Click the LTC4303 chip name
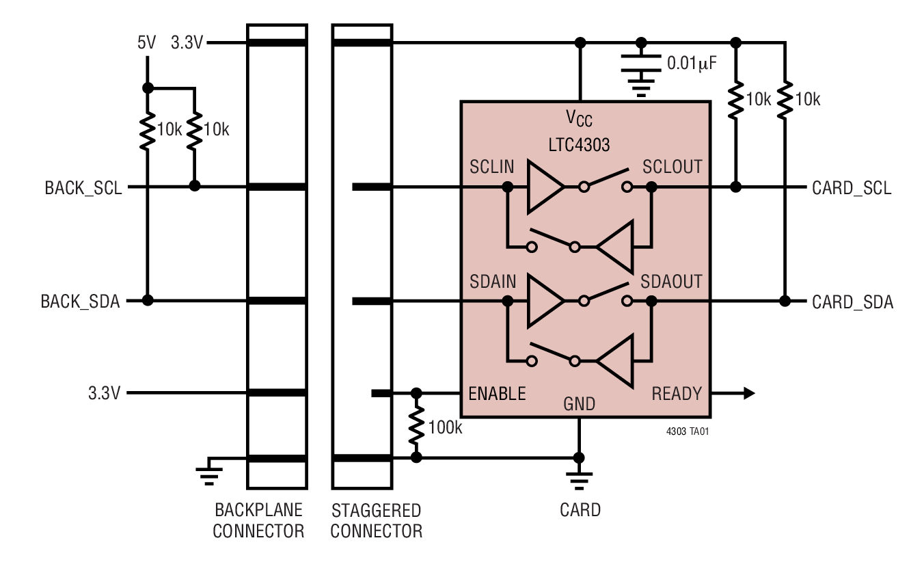[x=579, y=145]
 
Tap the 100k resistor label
[x=446, y=428]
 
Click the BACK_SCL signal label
[x=83, y=187]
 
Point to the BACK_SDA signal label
[x=81, y=302]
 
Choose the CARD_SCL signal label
[x=852, y=188]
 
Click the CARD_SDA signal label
[x=852, y=302]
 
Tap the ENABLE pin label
[x=497, y=394]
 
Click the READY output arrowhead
[x=749, y=393]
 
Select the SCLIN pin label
[x=492, y=167]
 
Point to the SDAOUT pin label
[x=671, y=282]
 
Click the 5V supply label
[x=146, y=43]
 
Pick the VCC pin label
[x=579, y=119]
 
